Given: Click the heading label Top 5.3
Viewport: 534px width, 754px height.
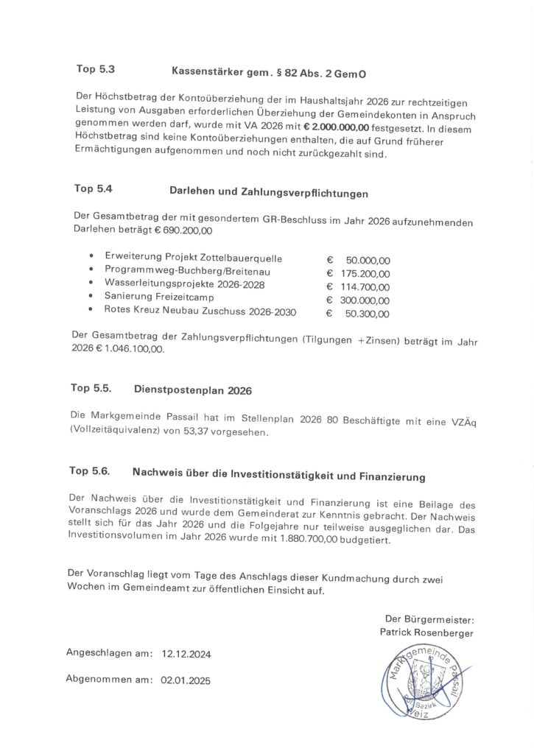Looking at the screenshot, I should click(x=95, y=70).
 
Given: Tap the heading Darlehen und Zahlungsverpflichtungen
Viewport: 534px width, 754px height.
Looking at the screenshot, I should click(x=269, y=192).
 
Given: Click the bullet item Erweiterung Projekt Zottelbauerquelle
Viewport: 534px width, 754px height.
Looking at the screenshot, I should click(x=194, y=258).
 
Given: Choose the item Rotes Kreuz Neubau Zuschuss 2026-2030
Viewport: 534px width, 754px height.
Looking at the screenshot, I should click(x=200, y=312).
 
